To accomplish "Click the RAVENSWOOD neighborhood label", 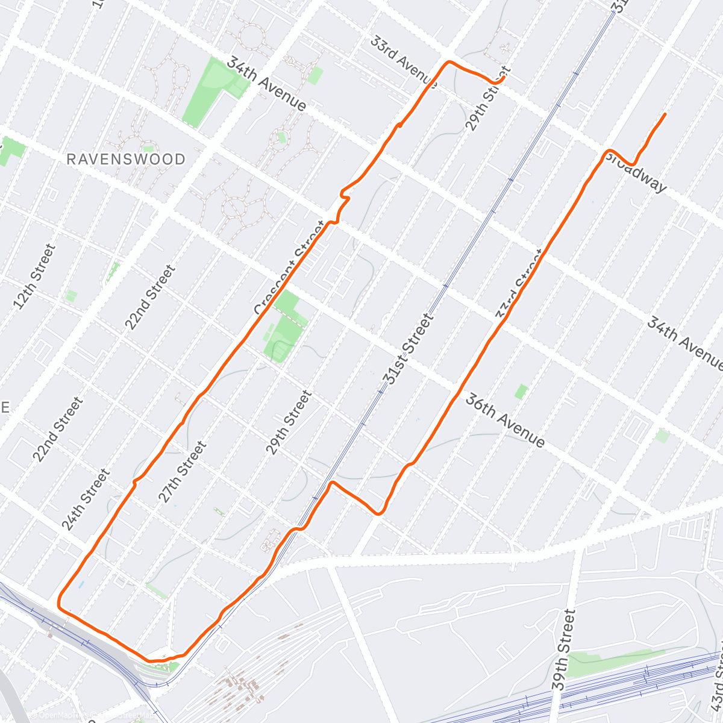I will [126, 160].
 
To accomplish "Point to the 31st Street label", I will [408, 349].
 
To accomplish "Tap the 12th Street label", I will [34, 276].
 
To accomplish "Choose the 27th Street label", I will [182, 472].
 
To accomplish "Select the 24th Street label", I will [86, 499].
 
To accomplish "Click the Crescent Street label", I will [289, 268].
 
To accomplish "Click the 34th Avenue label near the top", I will [266, 84].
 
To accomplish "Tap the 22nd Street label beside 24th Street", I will [57, 429].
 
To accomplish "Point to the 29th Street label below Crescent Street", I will [289, 422].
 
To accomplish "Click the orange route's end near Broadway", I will [665, 114].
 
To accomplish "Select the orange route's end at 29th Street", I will [503, 78].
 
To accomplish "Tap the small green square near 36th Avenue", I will [521, 392].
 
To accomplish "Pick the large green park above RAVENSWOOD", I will [208, 90].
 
